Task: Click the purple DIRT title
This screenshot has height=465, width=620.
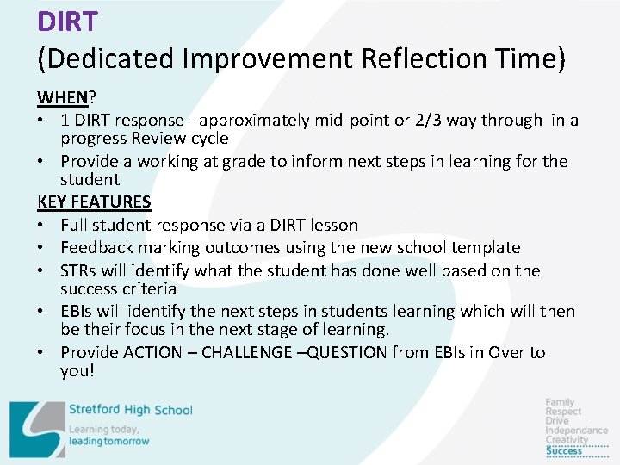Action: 67,21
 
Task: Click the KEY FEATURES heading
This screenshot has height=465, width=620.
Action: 94,202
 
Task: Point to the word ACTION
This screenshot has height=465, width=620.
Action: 152,352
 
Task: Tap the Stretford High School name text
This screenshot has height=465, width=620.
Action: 130,410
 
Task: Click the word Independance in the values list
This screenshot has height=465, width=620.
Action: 576,431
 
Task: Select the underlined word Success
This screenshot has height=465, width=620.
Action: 564,450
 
